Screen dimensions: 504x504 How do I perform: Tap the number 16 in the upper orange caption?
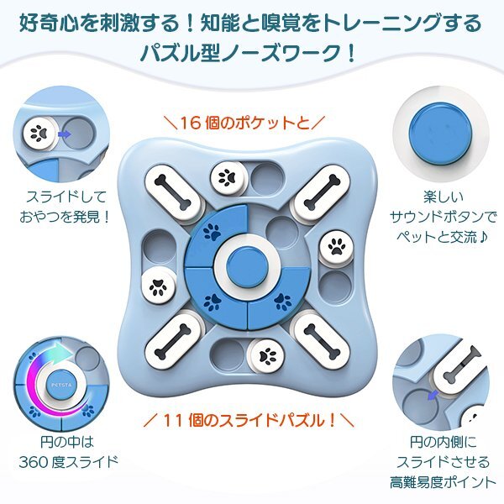pyautogui.click(x=187, y=123)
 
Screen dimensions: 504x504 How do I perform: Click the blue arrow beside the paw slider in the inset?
pyautogui.click(x=66, y=132)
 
